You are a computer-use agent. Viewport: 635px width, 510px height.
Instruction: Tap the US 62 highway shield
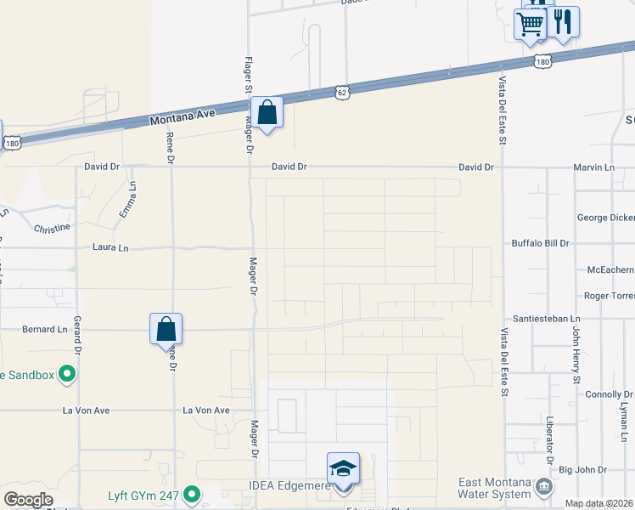pyautogui.click(x=341, y=90)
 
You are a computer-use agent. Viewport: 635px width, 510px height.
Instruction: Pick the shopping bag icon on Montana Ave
pyautogui.click(x=267, y=112)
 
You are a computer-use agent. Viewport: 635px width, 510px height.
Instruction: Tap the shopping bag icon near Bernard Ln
pyautogui.click(x=166, y=329)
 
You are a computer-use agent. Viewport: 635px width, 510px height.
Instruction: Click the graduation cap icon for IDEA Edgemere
pyautogui.click(x=343, y=468)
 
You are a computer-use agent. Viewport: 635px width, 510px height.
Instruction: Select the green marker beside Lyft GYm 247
pyautogui.click(x=192, y=493)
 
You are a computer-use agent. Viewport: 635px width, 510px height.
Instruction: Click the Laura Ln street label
pyautogui.click(x=110, y=248)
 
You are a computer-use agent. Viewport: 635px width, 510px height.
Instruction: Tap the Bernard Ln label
pyautogui.click(x=44, y=329)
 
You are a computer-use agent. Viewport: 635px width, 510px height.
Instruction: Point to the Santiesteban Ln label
pyautogui.click(x=540, y=313)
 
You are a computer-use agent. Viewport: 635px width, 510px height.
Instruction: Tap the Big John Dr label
pyautogui.click(x=582, y=469)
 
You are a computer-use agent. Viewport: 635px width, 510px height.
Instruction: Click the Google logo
pyautogui.click(x=28, y=500)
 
